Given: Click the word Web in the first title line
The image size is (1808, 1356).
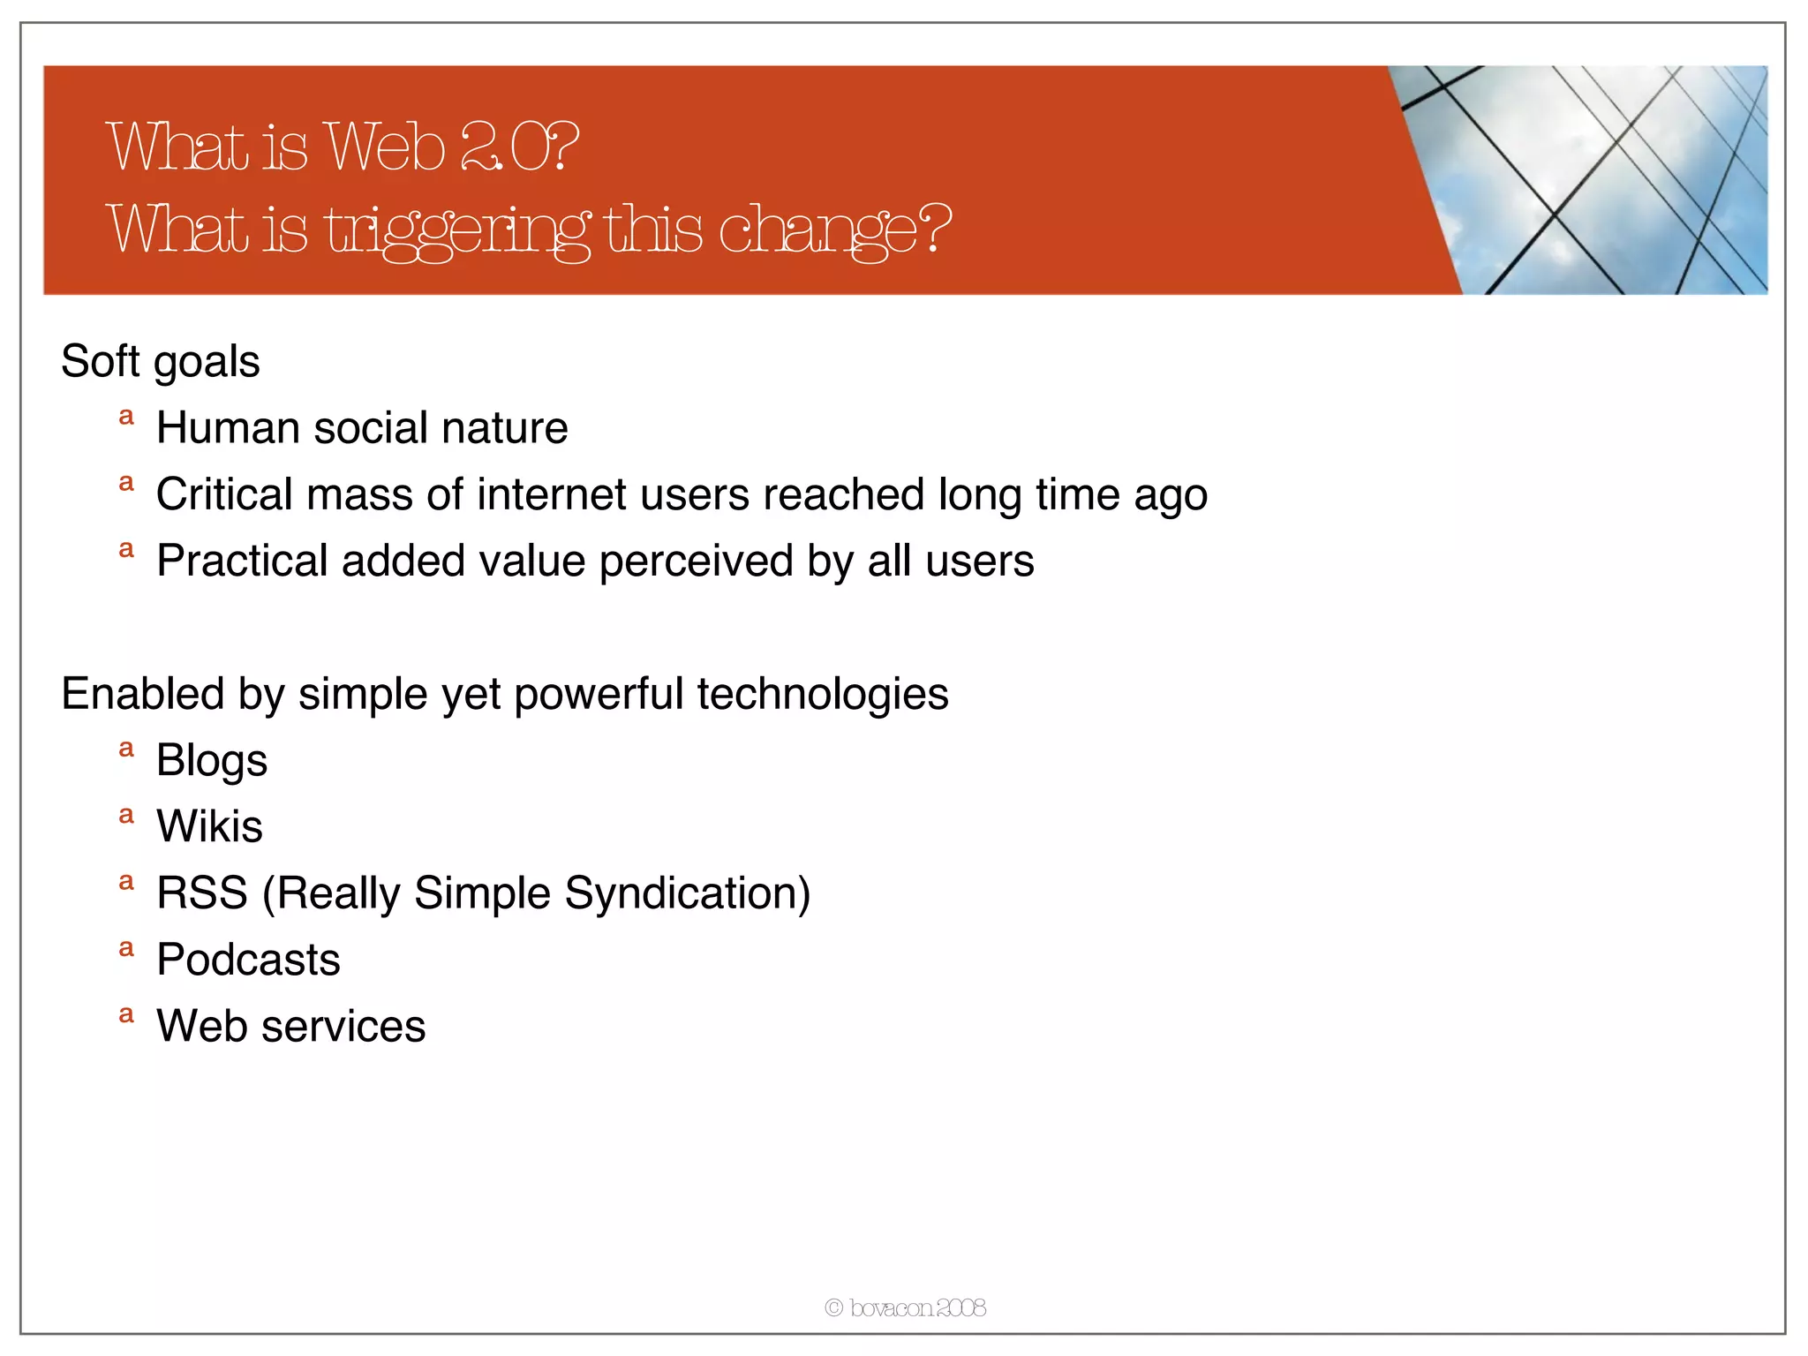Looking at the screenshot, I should click(x=385, y=147).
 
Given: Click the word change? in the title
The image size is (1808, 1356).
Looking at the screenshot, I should click(x=834, y=230).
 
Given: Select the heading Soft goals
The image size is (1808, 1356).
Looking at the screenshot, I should click(x=160, y=361).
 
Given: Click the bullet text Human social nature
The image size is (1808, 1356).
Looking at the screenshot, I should click(x=362, y=428).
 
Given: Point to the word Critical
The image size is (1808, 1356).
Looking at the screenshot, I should click(x=224, y=494).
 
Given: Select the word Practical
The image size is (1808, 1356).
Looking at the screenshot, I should click(x=242, y=561).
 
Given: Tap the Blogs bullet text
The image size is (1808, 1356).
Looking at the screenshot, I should click(x=212, y=761).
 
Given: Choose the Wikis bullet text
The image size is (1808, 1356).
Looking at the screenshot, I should click(x=209, y=827).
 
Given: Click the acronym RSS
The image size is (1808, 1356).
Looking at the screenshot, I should click(x=201, y=893).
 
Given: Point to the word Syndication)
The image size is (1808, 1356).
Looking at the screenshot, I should click(x=687, y=893).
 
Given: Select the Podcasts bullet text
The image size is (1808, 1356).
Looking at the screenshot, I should click(x=248, y=960).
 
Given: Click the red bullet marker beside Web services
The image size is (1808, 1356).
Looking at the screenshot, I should click(x=126, y=1014).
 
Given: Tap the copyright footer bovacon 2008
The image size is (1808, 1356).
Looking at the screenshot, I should click(x=905, y=1307).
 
